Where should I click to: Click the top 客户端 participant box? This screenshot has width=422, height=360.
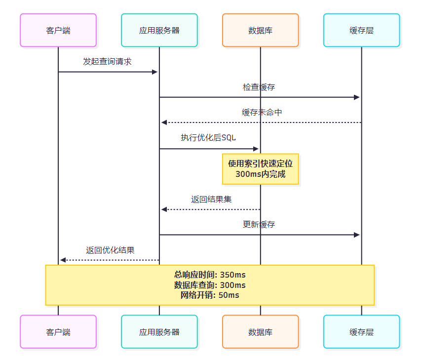click(x=58, y=30)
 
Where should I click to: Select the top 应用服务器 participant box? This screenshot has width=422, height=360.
click(x=159, y=30)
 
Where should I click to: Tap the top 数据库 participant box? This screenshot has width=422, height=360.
click(x=261, y=30)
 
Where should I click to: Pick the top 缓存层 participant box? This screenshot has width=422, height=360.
click(x=361, y=30)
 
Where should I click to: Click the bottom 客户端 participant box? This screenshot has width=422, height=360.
click(x=58, y=332)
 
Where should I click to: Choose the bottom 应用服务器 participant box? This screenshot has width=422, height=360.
click(x=159, y=332)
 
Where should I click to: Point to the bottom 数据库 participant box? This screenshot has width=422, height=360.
click(x=261, y=332)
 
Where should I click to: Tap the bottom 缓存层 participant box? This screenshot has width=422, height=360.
click(x=361, y=332)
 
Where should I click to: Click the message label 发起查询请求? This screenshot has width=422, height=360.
click(x=107, y=62)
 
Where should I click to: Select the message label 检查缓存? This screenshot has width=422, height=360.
click(x=259, y=87)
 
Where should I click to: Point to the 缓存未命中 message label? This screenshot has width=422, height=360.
click(x=262, y=113)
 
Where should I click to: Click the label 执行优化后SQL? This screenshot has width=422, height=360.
click(x=208, y=138)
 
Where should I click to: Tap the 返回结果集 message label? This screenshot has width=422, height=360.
click(x=211, y=200)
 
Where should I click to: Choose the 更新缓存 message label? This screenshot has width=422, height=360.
click(x=259, y=225)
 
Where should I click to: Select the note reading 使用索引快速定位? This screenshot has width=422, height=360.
click(x=261, y=163)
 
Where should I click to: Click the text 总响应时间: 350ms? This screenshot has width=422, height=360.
click(x=210, y=275)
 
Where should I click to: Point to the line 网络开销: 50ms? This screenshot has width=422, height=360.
click(x=210, y=295)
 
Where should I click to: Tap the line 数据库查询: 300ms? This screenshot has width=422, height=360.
click(x=210, y=285)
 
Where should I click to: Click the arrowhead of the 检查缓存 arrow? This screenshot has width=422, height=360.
click(x=357, y=97)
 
